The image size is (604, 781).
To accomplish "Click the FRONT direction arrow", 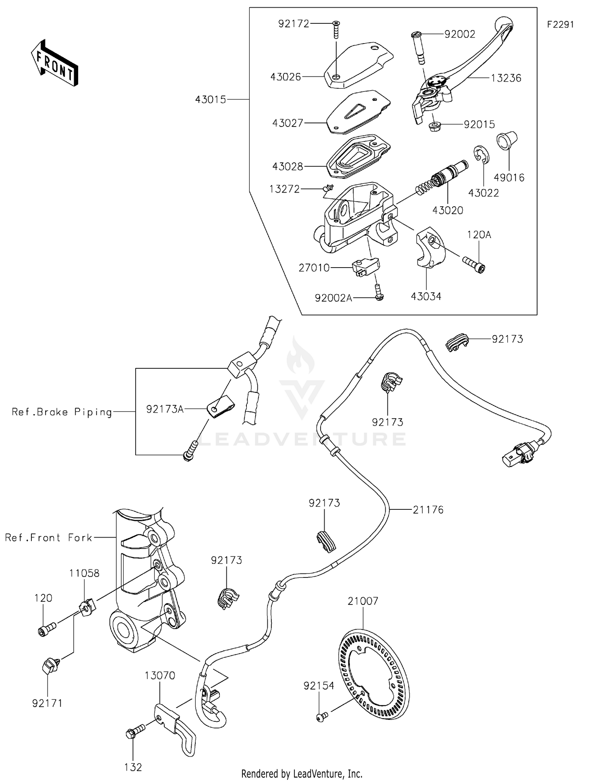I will (x=54, y=63).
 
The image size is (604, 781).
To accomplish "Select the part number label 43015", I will (x=211, y=100).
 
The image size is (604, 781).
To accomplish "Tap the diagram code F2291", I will (x=560, y=25).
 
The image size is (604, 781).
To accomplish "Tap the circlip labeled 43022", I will (x=480, y=155).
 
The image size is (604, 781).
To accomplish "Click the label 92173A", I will (x=165, y=409).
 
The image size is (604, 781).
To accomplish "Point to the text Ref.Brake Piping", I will (x=62, y=412).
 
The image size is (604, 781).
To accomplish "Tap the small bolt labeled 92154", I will (x=321, y=716).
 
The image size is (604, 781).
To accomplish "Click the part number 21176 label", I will (x=428, y=510).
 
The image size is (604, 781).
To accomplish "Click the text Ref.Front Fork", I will (x=48, y=538).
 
